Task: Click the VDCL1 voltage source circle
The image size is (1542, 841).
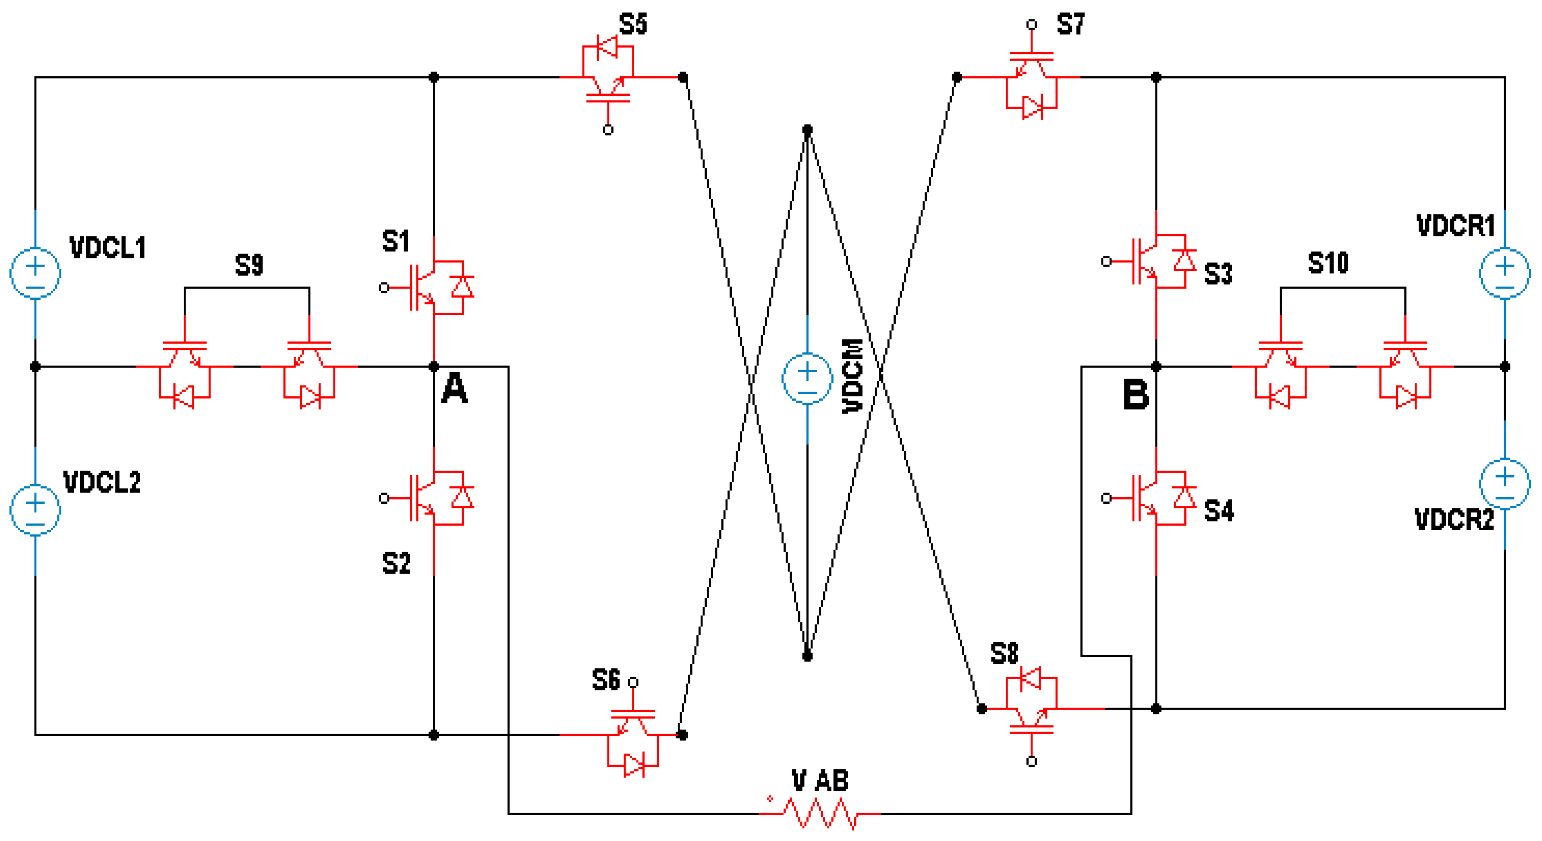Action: tap(35, 273)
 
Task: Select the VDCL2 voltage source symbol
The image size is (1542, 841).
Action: tap(35, 509)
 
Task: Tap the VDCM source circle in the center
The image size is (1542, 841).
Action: tap(807, 378)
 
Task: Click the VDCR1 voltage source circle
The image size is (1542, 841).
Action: tap(1504, 273)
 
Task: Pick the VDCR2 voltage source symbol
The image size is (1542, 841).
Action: tap(1504, 483)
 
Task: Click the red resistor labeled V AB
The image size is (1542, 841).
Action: tap(820, 814)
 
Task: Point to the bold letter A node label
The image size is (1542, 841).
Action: tap(454, 389)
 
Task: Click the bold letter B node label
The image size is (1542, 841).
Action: tap(1136, 395)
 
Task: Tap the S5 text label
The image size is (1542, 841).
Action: tap(633, 25)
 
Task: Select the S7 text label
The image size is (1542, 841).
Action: tap(1070, 25)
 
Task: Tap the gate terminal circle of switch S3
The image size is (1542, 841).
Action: tap(1106, 262)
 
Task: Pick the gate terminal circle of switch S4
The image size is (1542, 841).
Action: tap(1106, 498)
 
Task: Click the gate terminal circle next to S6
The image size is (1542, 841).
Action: tap(633, 682)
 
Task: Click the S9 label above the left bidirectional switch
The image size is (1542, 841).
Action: tap(249, 264)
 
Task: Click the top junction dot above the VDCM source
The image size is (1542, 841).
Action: tap(807, 130)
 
